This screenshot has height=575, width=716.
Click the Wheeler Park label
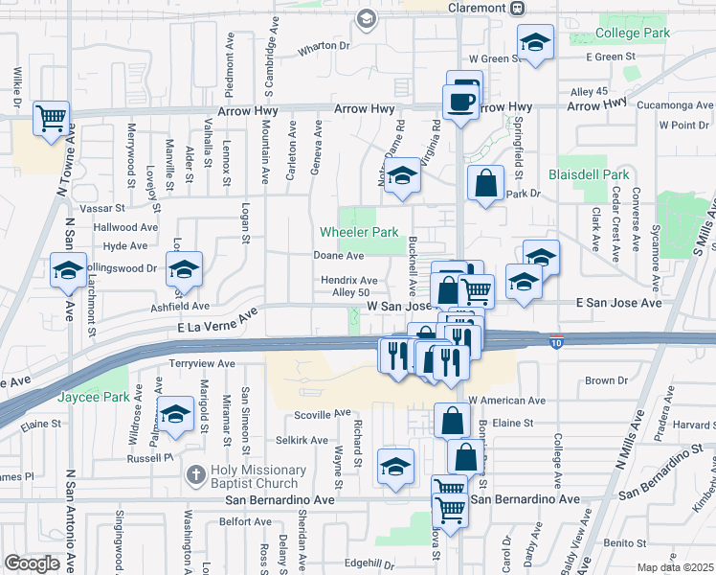(359, 232)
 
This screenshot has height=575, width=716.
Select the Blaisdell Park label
(589, 174)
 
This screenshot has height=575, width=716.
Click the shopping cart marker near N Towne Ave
(51, 119)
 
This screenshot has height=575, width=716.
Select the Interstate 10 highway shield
(556, 342)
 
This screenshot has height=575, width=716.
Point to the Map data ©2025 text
(675, 567)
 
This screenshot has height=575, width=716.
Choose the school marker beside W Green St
(535, 41)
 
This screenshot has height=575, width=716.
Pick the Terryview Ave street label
(201, 364)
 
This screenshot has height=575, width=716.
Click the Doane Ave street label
(339, 256)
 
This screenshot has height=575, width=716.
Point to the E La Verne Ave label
(217, 322)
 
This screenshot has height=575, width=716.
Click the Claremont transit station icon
(517, 8)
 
